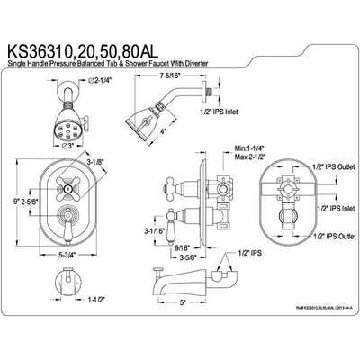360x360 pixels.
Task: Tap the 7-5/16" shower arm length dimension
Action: click(x=170, y=77)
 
